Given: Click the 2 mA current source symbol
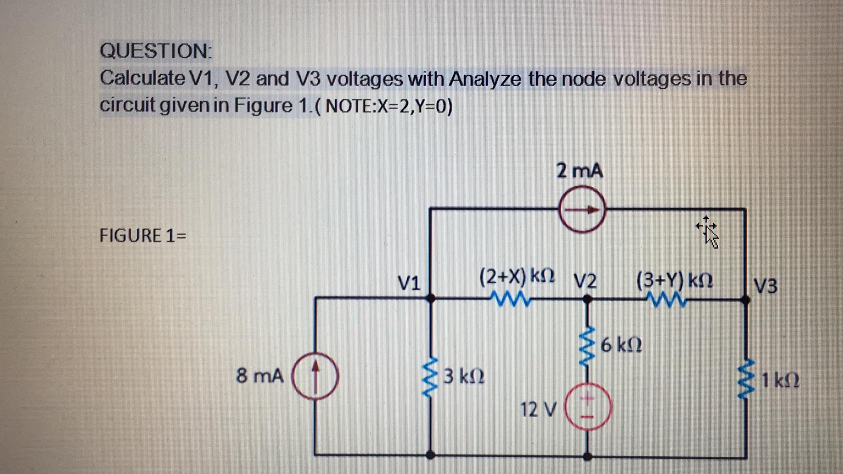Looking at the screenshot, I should (x=582, y=210).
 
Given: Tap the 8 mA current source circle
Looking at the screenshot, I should (x=315, y=376).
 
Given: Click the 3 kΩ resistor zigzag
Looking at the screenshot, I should (x=430, y=377).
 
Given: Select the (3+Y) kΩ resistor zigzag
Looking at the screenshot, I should (x=668, y=299).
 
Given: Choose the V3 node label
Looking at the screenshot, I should (x=765, y=287).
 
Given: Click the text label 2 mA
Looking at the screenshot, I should (x=579, y=171).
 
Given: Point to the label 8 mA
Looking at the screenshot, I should (x=260, y=376).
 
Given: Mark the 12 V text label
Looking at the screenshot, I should (x=537, y=409).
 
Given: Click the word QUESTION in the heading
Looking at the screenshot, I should (x=155, y=51).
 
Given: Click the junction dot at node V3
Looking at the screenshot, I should (x=746, y=299).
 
